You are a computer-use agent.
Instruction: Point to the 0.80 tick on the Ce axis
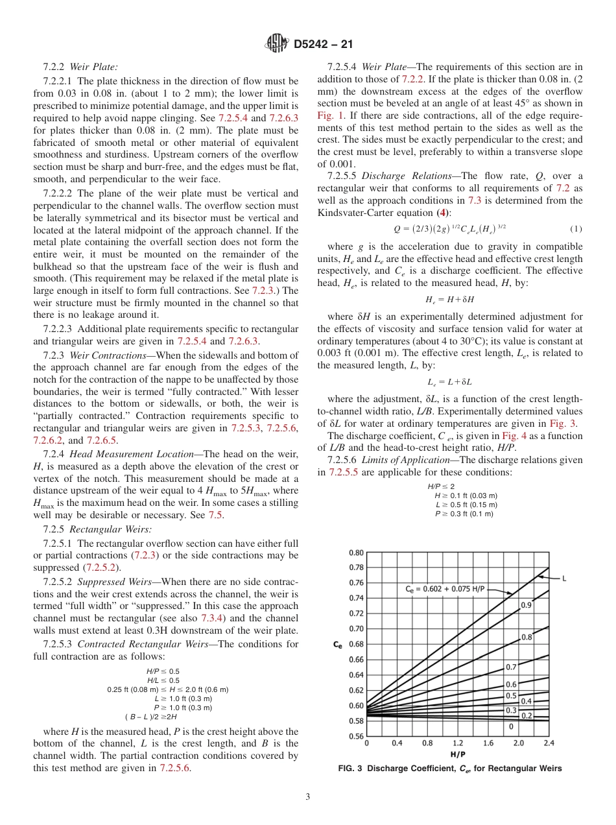pyautogui.click(x=356, y=553)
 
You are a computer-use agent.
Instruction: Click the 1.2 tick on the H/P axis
pyautogui.click(x=458, y=743)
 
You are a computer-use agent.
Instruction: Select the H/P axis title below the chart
pyautogui.click(x=457, y=754)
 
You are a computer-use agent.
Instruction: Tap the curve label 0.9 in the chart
pyautogui.click(x=528, y=605)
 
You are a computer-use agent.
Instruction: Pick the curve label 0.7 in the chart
pyautogui.click(x=511, y=667)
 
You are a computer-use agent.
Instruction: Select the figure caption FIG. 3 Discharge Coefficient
pyautogui.click(x=450, y=769)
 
